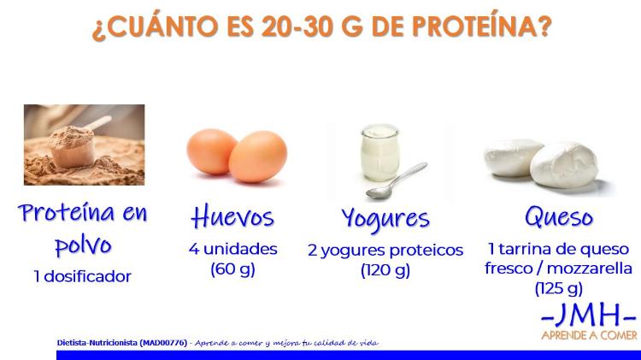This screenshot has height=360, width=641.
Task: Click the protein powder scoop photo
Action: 85,145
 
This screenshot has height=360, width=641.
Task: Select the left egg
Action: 211,151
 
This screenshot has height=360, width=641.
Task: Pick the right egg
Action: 258,156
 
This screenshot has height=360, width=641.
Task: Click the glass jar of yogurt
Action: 379,152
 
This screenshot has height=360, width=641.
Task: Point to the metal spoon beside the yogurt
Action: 396,181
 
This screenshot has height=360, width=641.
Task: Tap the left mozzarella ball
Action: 513,157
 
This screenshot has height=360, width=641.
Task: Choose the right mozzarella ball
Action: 564,165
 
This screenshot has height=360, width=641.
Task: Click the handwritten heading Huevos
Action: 232,216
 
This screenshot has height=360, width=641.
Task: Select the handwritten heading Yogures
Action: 385,220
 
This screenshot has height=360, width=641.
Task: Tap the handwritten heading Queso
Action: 559,216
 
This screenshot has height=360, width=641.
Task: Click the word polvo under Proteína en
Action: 83,245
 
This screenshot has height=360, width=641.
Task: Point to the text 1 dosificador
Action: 82,276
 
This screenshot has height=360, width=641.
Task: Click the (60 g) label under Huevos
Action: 232,269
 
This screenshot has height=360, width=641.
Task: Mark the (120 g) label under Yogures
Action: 385,270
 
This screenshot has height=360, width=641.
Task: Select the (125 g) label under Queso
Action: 558,288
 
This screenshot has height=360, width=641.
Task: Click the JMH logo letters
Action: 589,316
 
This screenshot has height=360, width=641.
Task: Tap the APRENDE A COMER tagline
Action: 589,335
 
